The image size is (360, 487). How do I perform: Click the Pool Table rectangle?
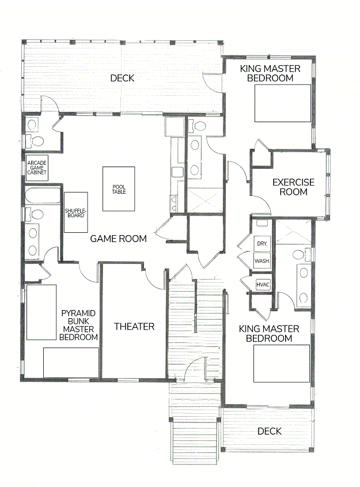pyautogui.click(x=119, y=189)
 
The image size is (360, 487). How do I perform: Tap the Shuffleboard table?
pyautogui.click(x=75, y=213)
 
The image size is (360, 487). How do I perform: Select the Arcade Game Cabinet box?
pyautogui.click(x=37, y=168)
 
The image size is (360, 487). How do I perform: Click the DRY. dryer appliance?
pyautogui.click(x=262, y=243)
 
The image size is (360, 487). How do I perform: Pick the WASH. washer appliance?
pyautogui.click(x=262, y=261)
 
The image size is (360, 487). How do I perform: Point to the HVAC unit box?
pyautogui.click(x=263, y=285)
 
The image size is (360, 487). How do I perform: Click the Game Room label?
pyautogui.click(x=118, y=239)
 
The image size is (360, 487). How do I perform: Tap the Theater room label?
pyautogui.click(x=134, y=326)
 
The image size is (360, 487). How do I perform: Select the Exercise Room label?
pyautogui.click(x=293, y=187)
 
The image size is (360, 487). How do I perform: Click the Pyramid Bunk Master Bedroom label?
pyautogui.click(x=78, y=325)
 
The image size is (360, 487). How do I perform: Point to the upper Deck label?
pyautogui.click(x=122, y=78)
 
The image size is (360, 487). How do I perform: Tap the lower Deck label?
pyautogui.click(x=270, y=431)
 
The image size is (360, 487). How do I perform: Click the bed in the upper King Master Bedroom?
pyautogui.click(x=283, y=103)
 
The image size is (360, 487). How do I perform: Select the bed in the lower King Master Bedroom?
pyautogui.click(x=282, y=364)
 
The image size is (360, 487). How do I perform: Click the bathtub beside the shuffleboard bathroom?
pyautogui.click(x=43, y=195)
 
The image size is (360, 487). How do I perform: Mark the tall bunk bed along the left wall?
pyautogui.click(x=41, y=312)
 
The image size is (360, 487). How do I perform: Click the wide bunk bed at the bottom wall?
pyautogui.click(x=71, y=363)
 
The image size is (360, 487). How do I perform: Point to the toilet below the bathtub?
pyautogui.click(x=35, y=214)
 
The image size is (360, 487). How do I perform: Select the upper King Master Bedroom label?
pyautogui.click(x=270, y=73)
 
